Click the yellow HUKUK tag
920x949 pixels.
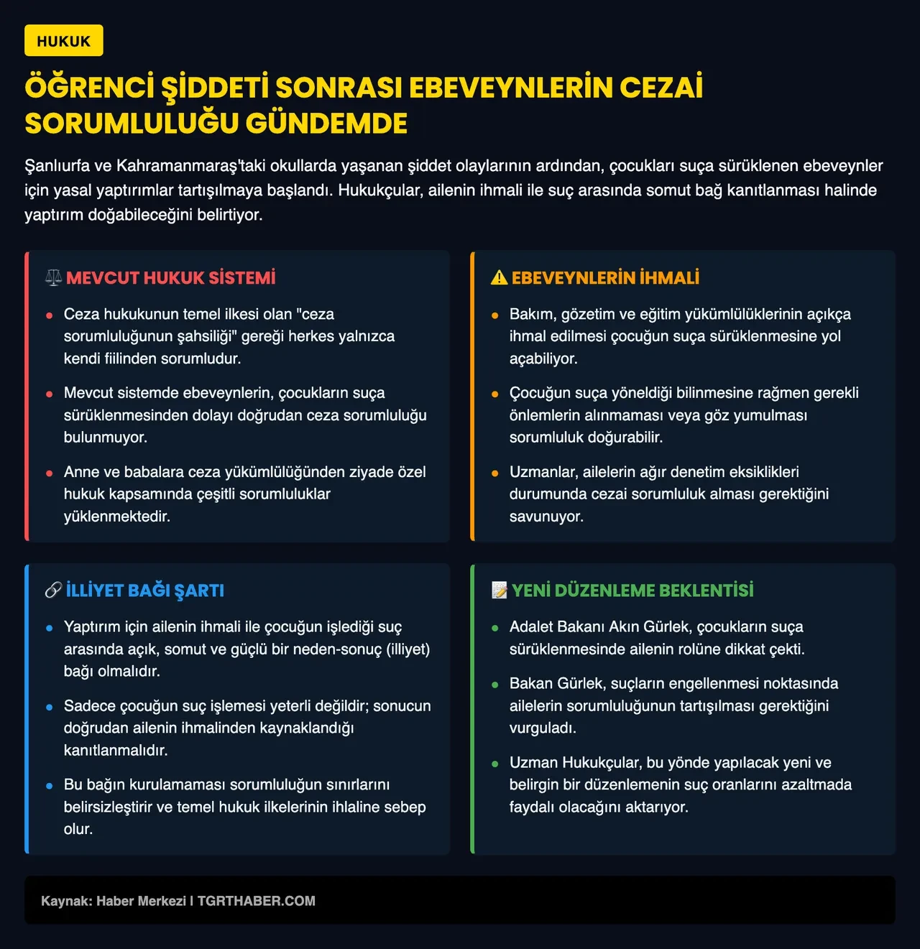(64, 41)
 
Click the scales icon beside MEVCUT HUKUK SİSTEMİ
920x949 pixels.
(53, 278)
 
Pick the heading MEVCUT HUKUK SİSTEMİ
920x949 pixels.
(170, 278)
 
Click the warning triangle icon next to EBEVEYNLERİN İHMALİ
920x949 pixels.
(499, 278)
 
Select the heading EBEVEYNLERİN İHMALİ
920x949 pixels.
(605, 278)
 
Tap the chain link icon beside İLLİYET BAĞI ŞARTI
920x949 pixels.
(53, 591)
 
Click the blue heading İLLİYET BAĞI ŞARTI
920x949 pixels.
(145, 591)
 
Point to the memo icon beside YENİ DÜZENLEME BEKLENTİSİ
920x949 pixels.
(499, 591)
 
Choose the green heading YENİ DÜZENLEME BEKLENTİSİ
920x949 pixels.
(632, 591)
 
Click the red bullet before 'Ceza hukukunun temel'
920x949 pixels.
(49, 315)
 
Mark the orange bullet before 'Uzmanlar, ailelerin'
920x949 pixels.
(494, 473)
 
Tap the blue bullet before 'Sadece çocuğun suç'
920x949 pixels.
(49, 707)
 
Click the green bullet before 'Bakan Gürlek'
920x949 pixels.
(494, 685)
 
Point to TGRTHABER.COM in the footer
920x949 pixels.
(256, 901)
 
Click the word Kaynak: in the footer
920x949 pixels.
(66, 901)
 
